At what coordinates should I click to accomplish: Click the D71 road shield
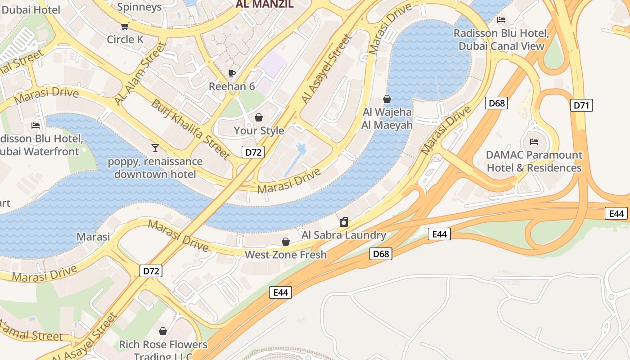pyautogui.click(x=581, y=105)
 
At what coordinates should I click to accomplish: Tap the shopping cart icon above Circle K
pyautogui.click(x=125, y=26)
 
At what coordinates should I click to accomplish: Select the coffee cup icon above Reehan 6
pyautogui.click(x=232, y=73)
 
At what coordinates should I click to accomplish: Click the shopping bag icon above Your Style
pyautogui.click(x=259, y=118)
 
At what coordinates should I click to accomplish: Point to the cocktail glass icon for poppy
pyautogui.click(x=155, y=148)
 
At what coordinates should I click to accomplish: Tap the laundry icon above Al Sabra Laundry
pyautogui.click(x=344, y=222)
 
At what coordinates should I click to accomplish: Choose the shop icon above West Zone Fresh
pyautogui.click(x=285, y=242)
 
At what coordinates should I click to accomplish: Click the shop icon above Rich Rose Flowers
pyautogui.click(x=163, y=332)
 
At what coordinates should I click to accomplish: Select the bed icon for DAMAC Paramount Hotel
pyautogui.click(x=534, y=142)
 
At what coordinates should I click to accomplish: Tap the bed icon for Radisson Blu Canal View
pyautogui.click(x=501, y=20)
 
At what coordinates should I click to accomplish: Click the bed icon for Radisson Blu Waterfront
pyautogui.click(x=36, y=126)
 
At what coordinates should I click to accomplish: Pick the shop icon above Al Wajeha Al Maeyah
pyautogui.click(x=387, y=99)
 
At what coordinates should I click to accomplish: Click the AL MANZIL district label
pyautogui.click(x=265, y=4)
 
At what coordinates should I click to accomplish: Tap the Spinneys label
pyautogui.click(x=139, y=7)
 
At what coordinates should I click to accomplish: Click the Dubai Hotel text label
pyautogui.click(x=30, y=9)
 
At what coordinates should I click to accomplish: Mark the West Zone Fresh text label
pyautogui.click(x=285, y=255)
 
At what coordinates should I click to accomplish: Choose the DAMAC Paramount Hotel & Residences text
pyautogui.click(x=534, y=162)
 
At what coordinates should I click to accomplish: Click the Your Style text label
pyautogui.click(x=259, y=130)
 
